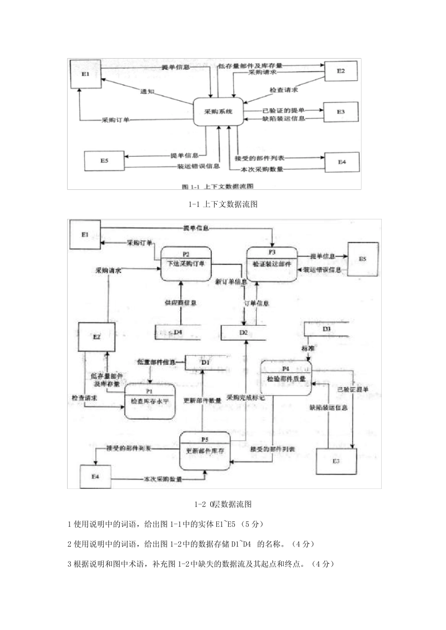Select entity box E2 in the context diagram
point(341,71)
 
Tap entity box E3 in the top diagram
point(341,112)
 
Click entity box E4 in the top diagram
point(342,162)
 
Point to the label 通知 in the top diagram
point(147,91)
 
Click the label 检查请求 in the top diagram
point(284,90)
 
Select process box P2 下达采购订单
point(186,263)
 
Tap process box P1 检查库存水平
point(150,401)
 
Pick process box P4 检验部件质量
point(286,378)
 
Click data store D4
point(177,332)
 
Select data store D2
point(243,332)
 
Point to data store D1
point(205,362)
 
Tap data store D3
point(327,329)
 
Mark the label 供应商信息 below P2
point(180,303)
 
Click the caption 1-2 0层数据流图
point(223,504)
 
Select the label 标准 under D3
point(308,349)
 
